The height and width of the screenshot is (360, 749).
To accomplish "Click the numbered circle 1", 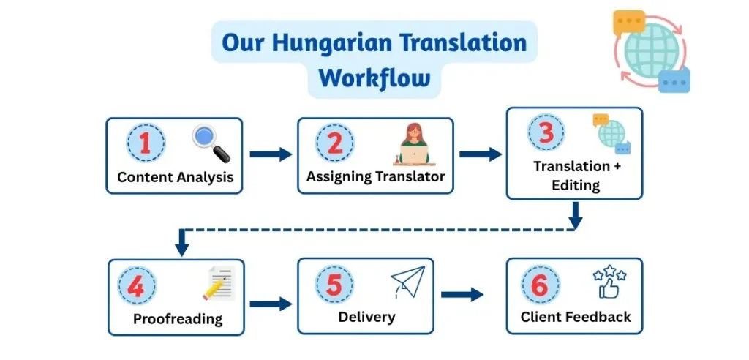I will (145, 143).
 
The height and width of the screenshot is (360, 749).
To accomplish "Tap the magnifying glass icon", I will (211, 143).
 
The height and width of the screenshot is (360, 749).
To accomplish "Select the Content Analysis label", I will (175, 177).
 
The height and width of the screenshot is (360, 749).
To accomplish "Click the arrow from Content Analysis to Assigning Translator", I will (270, 154).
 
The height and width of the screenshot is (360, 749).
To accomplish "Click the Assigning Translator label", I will (375, 177).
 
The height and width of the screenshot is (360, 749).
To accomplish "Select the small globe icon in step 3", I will (611, 134).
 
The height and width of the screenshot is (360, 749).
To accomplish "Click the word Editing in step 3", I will (576, 185).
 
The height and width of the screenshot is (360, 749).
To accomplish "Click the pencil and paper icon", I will (217, 285).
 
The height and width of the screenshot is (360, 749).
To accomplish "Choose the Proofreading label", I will (177, 320).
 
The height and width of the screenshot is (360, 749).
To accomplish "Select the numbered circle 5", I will (334, 285).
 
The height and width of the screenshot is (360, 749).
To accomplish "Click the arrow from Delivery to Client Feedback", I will (462, 294).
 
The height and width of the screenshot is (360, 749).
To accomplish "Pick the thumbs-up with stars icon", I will (609, 283).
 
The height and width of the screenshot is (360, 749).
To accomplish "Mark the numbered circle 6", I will (539, 285).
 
